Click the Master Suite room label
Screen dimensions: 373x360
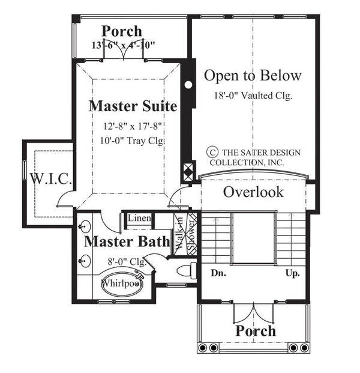pos(133,107)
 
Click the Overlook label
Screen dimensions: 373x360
pos(253,192)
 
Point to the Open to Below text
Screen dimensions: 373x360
pos(252,76)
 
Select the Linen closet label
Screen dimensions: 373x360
pos(139,217)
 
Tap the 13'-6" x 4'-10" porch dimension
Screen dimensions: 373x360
pos(124,45)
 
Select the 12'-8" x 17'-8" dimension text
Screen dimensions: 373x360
pos(133,127)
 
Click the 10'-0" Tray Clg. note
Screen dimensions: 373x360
pos(133,141)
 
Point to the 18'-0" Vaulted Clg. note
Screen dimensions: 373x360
pos(253,96)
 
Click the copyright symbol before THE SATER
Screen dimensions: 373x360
pos(211,153)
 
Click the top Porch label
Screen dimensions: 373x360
pos(121,31)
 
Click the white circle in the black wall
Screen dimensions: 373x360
pos(188,85)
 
